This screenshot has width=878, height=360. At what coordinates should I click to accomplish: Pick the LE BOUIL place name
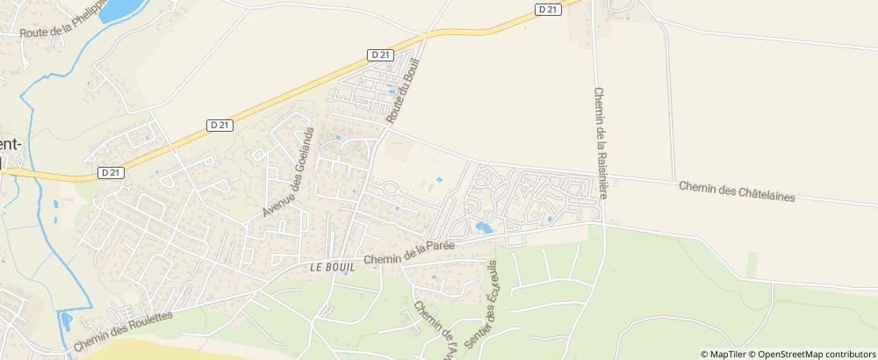[331, 265]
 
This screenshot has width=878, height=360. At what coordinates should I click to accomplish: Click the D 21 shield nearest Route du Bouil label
[379, 54]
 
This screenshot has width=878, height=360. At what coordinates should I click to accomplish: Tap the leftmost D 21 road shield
[111, 173]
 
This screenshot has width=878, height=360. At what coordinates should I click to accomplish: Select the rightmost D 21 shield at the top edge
[546, 9]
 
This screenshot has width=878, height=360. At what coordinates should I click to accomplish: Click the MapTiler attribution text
[728, 353]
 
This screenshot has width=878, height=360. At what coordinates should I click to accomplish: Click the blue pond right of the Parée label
[483, 227]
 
